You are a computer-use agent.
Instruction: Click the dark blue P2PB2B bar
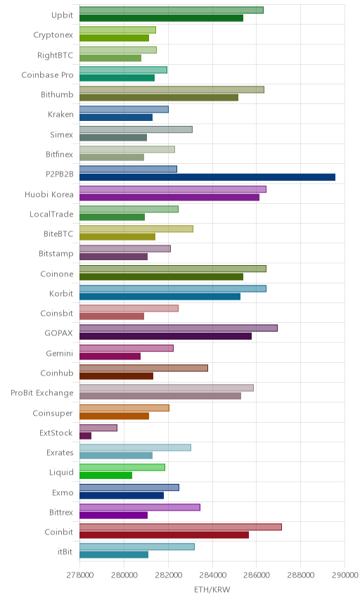[x=207, y=177]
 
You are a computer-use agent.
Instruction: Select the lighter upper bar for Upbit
[x=171, y=10]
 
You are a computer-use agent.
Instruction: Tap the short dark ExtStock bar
[x=85, y=436]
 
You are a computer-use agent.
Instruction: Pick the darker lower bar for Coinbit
[x=164, y=534]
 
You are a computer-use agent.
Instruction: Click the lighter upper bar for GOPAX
[x=179, y=328]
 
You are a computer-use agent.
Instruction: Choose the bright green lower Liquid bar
[x=105, y=475]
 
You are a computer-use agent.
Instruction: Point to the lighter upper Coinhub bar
[x=143, y=368]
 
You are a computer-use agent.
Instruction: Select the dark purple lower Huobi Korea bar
[x=169, y=198]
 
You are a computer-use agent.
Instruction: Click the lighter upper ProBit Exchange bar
[x=167, y=388]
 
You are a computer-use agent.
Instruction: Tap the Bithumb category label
[x=57, y=94]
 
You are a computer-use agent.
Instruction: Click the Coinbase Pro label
[x=47, y=75]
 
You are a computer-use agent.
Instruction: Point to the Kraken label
[x=60, y=115]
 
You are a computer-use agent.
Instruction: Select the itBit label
[x=65, y=551]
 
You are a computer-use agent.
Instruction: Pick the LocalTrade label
[x=51, y=214]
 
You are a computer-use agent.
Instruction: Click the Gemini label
[x=59, y=353]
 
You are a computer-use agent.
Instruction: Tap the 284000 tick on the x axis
[x=212, y=575]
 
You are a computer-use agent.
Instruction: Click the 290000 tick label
[x=345, y=575]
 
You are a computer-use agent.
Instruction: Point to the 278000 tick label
[x=80, y=575]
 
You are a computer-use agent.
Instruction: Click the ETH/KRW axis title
[x=212, y=590]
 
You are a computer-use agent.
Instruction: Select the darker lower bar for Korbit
[x=160, y=296]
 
